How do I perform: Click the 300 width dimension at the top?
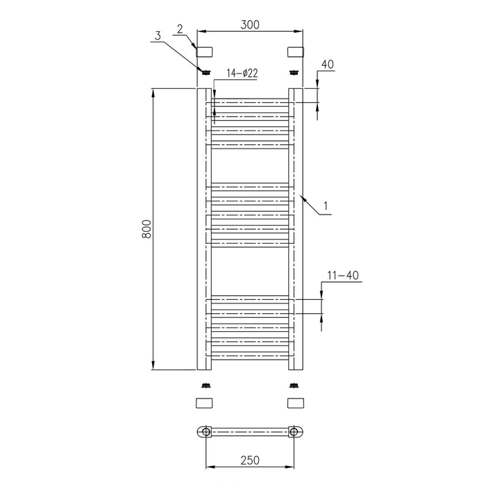[x=250, y=24]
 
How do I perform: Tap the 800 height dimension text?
[x=146, y=229]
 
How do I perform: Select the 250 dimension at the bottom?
[x=250, y=460]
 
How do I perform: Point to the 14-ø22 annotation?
[x=242, y=74]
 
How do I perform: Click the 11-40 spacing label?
[x=343, y=275]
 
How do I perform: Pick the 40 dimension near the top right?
[x=328, y=65]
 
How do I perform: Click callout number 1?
[x=326, y=206]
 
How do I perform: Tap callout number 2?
[x=180, y=29]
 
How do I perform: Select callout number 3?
[x=158, y=36]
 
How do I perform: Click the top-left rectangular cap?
[x=204, y=52]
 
